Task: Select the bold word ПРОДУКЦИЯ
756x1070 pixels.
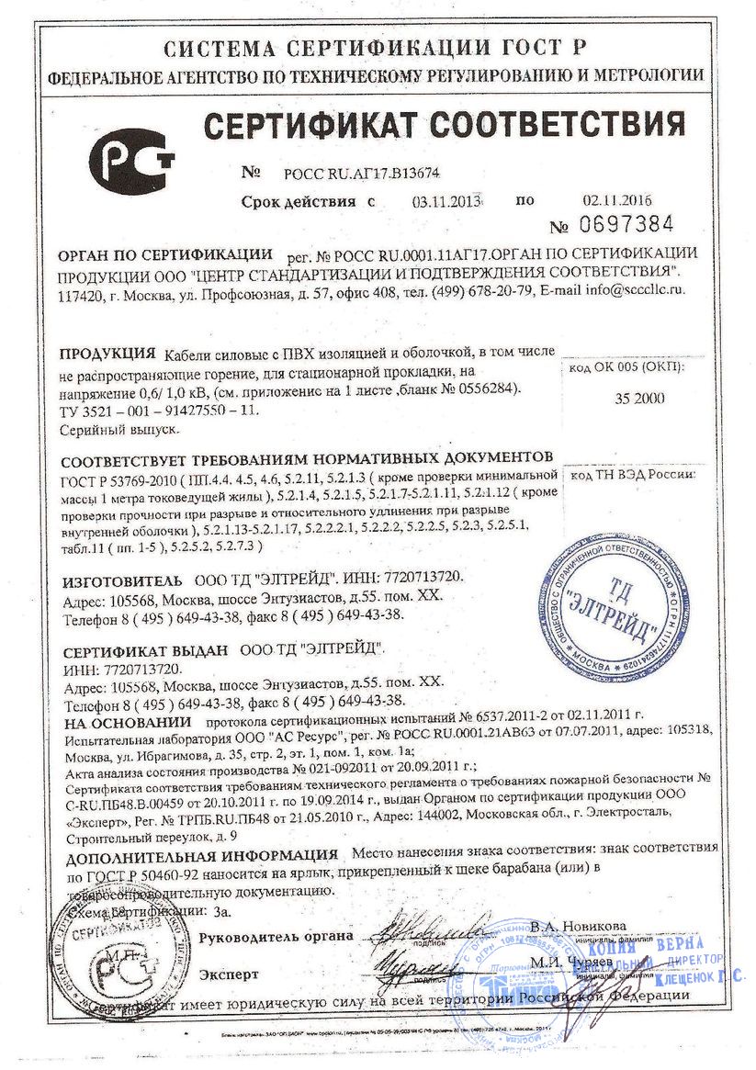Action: coord(106,354)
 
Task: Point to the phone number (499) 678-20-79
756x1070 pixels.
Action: coord(482,291)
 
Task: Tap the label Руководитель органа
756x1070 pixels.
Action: coord(276,936)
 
